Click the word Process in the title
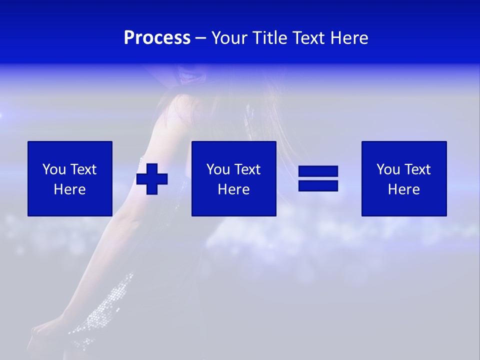tap(157, 38)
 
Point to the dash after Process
tap(201, 39)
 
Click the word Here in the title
tap(348, 38)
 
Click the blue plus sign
tap(152, 179)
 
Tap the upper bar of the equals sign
tap(318, 172)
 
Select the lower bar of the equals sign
tap(318, 185)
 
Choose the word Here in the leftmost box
tap(70, 189)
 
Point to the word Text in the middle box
tap(247, 169)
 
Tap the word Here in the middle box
tap(234, 189)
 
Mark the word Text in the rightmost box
tap(417, 169)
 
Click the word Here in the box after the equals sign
tap(404, 189)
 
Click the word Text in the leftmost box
tap(83, 169)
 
